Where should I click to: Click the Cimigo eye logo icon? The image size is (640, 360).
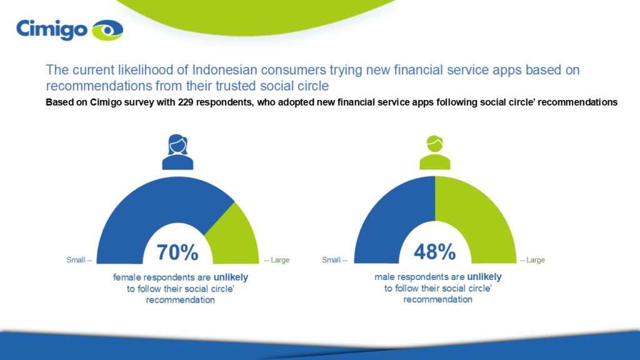(107, 30)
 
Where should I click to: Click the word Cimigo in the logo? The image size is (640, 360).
(52, 30)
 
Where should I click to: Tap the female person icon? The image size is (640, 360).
(177, 152)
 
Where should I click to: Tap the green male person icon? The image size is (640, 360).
(435, 152)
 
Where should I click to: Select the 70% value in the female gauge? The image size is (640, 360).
(177, 252)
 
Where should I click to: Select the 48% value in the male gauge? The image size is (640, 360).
(435, 252)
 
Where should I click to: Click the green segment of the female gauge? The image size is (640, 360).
(236, 237)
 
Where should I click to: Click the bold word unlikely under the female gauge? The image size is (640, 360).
(231, 277)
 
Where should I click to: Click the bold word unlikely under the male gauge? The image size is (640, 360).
(484, 277)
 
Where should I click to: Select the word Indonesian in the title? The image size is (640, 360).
(224, 70)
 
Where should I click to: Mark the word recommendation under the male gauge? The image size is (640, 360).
(438, 299)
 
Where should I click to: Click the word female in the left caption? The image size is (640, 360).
(126, 277)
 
